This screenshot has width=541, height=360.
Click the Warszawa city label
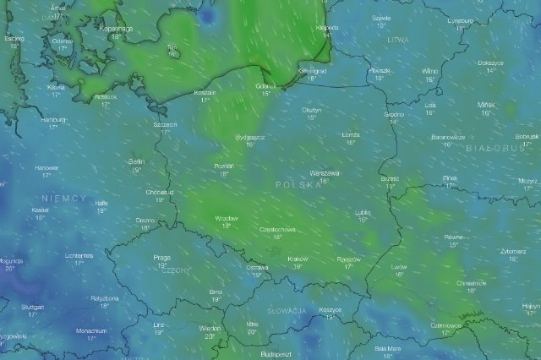point(325,172)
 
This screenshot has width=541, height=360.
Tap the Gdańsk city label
point(265,85)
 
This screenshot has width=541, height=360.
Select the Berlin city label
point(136,161)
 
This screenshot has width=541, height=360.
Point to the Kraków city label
point(298,259)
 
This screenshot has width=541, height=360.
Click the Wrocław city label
point(226,218)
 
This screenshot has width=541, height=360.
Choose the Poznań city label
point(224,166)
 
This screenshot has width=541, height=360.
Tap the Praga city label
point(162,257)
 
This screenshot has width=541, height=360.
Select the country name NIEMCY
point(68,198)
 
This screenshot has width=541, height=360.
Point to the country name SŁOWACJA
point(286,311)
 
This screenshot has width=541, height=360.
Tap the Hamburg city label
point(52,120)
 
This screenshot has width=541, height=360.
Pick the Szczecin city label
point(166,124)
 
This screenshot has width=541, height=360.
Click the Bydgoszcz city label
point(250,136)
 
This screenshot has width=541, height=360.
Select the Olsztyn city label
point(312,110)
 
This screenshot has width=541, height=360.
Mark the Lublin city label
point(363,212)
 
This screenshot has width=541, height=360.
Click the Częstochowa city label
point(276,229)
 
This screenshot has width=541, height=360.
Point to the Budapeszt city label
point(276,354)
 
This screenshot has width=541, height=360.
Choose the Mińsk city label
point(485,104)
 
